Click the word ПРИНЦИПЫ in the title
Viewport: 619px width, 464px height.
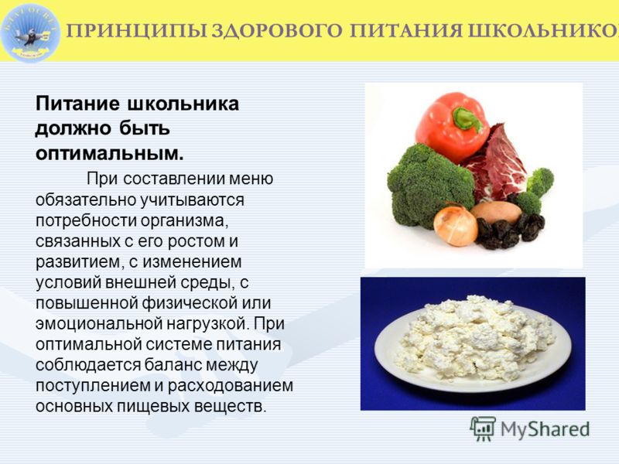[137, 31]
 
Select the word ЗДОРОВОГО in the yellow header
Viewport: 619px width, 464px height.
[277, 31]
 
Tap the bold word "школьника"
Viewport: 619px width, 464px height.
[183, 104]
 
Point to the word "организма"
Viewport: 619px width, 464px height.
[184, 221]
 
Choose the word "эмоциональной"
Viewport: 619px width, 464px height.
[98, 324]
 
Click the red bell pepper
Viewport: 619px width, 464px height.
[450, 126]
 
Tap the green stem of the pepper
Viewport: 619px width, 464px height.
[468, 118]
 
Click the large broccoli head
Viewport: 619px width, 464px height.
[429, 184]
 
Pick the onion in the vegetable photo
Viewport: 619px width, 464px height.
[455, 225]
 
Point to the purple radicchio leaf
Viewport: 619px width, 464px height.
[498, 165]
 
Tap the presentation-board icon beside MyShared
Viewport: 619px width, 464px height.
[483, 428]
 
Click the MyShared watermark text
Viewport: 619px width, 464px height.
[545, 429]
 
